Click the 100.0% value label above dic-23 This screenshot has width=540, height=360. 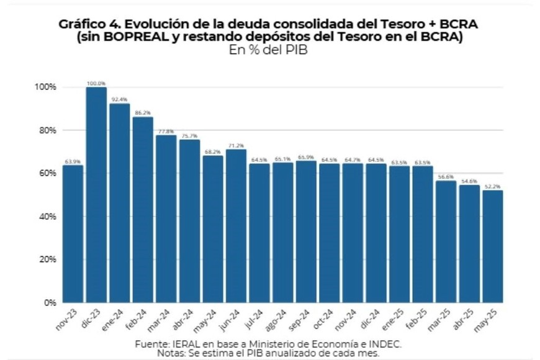coord(96,83)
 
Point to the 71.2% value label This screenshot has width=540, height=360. coord(236,146)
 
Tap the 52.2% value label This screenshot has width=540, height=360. coord(492,187)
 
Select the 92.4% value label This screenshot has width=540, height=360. coord(119,99)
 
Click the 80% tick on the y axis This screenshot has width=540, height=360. coord(47,130)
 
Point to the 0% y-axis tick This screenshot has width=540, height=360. coord(50,303)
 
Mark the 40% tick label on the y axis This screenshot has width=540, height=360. coord(47,217)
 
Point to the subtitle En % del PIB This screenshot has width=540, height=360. coord(268,51)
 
